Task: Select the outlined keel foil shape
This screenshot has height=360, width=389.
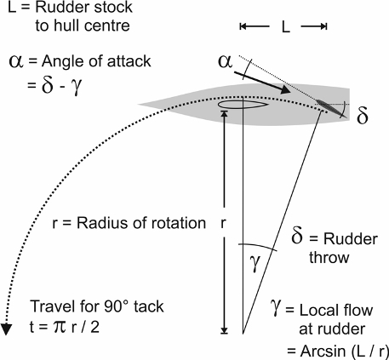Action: [243, 105]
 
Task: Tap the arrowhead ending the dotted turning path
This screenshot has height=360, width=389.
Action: [6, 329]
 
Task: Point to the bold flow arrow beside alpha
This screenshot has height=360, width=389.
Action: [263, 83]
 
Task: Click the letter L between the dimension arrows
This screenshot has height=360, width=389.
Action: [286, 27]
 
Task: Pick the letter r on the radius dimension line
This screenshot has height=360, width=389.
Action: [223, 224]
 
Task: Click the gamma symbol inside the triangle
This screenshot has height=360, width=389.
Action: [255, 263]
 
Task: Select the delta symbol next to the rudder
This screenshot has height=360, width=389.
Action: [362, 115]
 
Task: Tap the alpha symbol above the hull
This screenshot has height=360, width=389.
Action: [226, 61]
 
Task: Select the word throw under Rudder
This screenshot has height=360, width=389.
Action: [329, 258]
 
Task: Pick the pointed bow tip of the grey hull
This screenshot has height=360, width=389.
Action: [139, 105]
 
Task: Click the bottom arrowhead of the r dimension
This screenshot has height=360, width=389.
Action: [224, 330]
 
